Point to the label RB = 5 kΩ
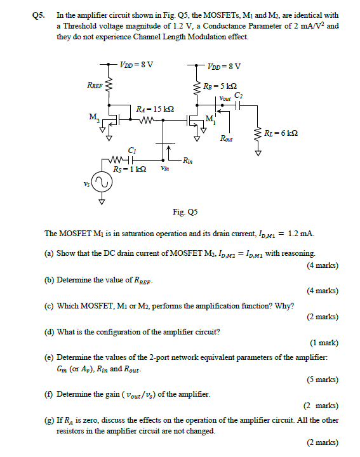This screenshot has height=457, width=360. (222, 86)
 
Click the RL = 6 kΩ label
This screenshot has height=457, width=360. (280, 133)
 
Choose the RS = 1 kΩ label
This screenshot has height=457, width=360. (130, 169)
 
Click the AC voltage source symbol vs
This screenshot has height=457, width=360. (102, 183)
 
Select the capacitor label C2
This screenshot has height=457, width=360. (237, 95)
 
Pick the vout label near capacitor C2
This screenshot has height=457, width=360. (225, 98)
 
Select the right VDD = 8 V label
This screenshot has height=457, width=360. (223, 66)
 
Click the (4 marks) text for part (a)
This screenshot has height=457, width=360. (323, 265)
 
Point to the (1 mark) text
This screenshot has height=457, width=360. (324, 343)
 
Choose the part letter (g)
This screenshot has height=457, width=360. (49, 420)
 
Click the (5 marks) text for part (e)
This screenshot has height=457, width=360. (323, 380)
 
